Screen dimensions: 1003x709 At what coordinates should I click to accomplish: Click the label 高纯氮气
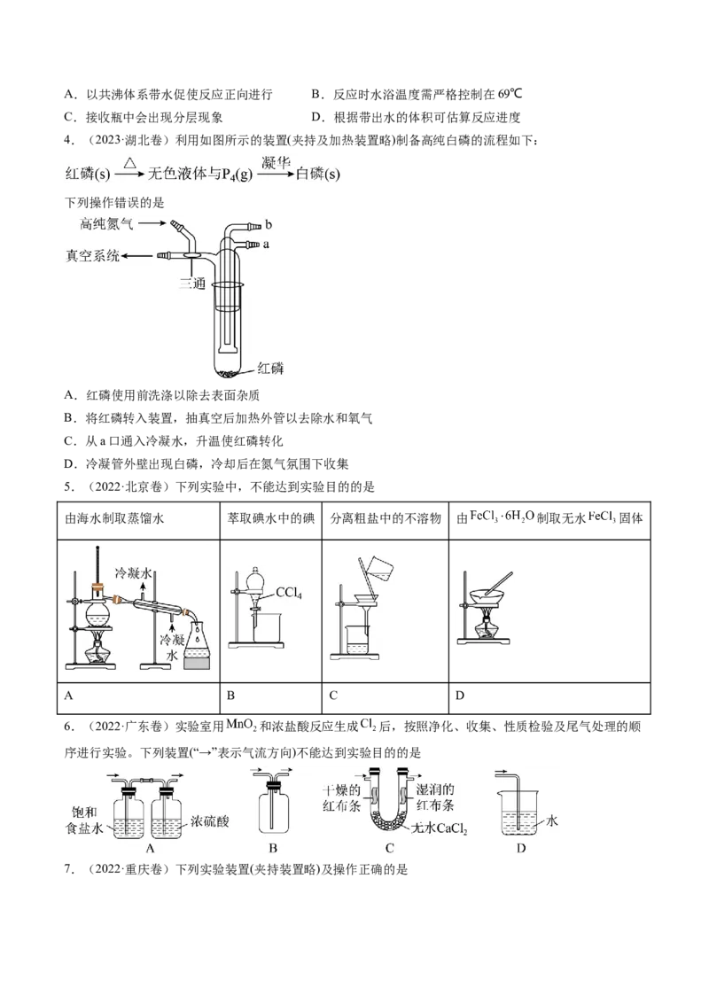[106, 225]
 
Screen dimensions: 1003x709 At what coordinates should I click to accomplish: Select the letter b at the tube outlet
[269, 225]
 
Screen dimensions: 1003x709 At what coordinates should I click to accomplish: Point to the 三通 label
[193, 284]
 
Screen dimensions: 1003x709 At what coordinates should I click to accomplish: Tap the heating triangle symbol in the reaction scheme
[129, 163]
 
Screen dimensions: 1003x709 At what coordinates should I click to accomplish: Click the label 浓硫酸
[210, 822]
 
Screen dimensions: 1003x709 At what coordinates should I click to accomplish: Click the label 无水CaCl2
[440, 829]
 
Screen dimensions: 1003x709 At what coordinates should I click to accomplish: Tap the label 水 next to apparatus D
[552, 821]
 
